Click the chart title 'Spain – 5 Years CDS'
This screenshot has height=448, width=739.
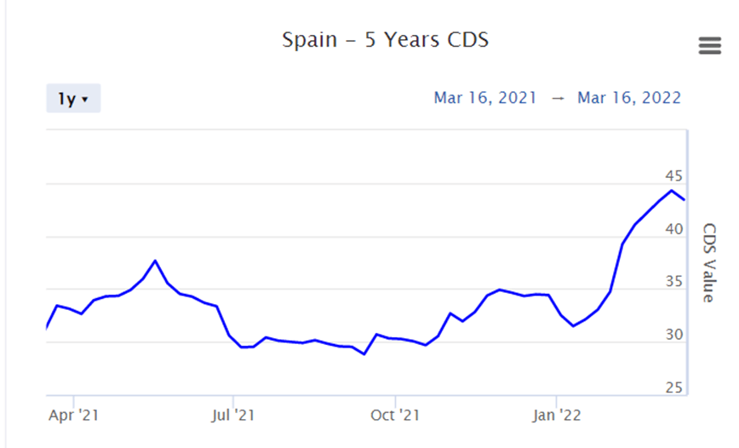385,39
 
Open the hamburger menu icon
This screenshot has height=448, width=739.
709,46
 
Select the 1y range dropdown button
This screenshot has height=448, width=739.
73,99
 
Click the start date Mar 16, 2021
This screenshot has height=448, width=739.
485,97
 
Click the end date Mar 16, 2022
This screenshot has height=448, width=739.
629,97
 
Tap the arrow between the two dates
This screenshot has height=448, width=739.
558,98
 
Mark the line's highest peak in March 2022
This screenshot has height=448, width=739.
672,190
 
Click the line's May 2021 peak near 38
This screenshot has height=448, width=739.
155,261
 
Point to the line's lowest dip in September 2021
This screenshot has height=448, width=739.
364,353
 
